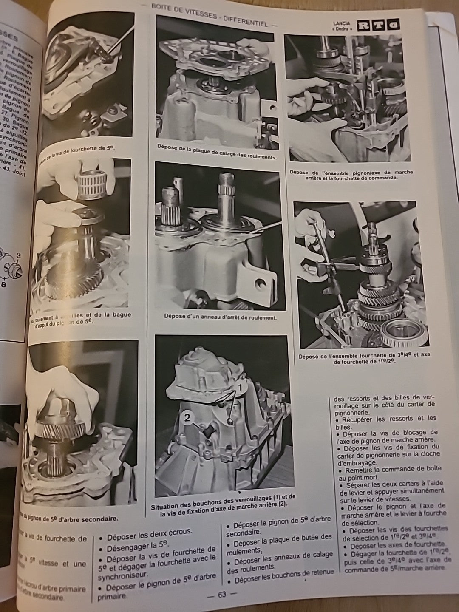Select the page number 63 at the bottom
(x=222, y=594)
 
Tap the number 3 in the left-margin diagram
(x=18, y=255)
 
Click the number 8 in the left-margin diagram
(x=4, y=285)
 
